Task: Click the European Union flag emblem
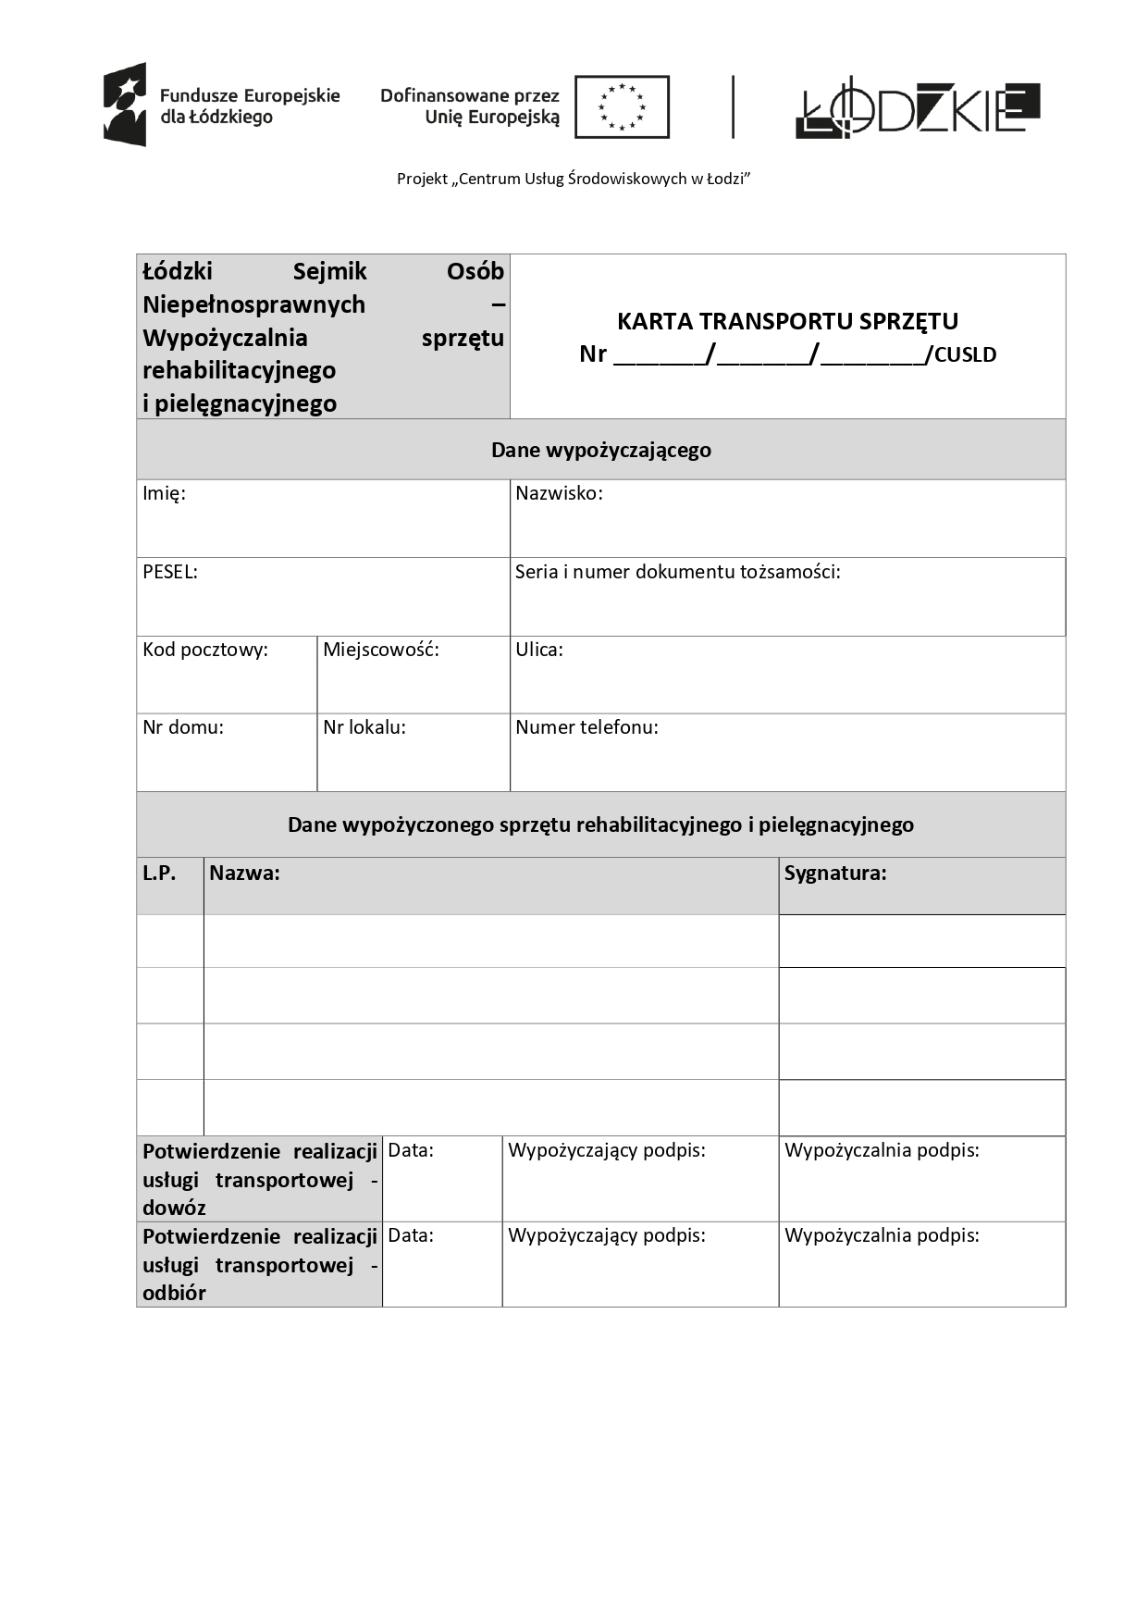(x=622, y=107)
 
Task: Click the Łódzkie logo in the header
(x=917, y=108)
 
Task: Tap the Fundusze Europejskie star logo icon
(x=125, y=105)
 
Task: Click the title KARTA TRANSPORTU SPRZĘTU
(x=787, y=321)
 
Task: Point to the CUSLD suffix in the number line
(x=965, y=354)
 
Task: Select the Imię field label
(x=164, y=493)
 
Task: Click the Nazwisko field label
(x=559, y=493)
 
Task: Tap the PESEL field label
(x=170, y=572)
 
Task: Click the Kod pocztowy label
(x=205, y=650)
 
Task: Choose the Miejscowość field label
(x=381, y=650)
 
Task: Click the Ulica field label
(x=539, y=650)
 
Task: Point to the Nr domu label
(x=183, y=727)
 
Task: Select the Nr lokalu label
(x=364, y=727)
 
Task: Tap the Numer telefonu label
(x=586, y=727)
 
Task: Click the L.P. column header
(x=159, y=873)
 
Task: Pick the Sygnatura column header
(x=835, y=873)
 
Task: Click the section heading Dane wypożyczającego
(x=601, y=451)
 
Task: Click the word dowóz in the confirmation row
(x=174, y=1208)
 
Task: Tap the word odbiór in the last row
(x=174, y=1293)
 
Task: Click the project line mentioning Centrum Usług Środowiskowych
(x=574, y=179)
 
